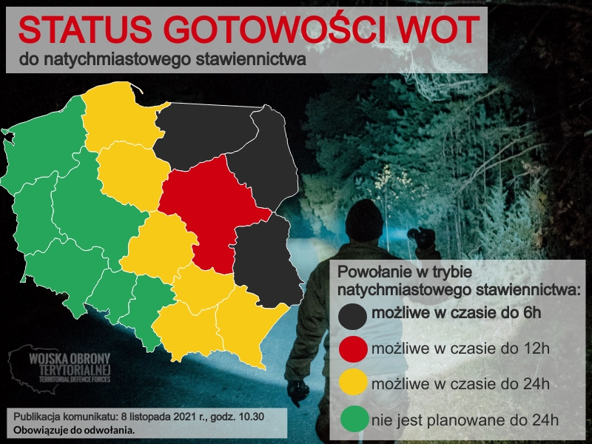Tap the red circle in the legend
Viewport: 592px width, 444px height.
(x=353, y=349)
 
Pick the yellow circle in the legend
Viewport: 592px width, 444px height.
(x=353, y=384)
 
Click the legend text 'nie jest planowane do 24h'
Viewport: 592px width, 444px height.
(x=464, y=420)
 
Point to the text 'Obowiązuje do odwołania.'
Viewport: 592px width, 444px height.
(x=74, y=429)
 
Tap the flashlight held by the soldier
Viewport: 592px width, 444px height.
(x=423, y=238)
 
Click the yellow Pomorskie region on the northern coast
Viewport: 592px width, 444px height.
(x=118, y=118)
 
